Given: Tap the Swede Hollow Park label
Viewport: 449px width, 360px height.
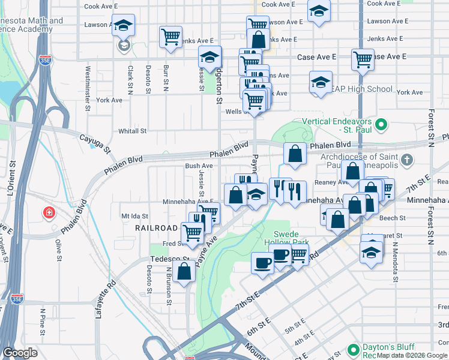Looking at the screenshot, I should (x=291, y=238).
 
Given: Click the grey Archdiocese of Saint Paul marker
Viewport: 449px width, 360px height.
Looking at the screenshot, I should (x=408, y=160).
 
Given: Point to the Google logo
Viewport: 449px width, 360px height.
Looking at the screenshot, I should (x=20, y=353).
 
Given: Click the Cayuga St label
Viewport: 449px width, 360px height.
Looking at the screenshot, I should (x=96, y=143).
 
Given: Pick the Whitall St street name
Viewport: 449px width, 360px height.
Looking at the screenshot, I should (x=133, y=131).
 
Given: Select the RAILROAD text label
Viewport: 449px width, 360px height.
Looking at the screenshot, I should (x=157, y=228).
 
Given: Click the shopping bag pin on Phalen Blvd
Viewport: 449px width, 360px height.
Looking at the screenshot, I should (x=295, y=154).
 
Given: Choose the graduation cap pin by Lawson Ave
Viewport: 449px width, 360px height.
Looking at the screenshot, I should (x=124, y=25).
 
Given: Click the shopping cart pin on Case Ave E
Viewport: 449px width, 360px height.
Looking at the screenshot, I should (x=363, y=59).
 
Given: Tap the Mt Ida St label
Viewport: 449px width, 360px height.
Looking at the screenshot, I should (x=134, y=215).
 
